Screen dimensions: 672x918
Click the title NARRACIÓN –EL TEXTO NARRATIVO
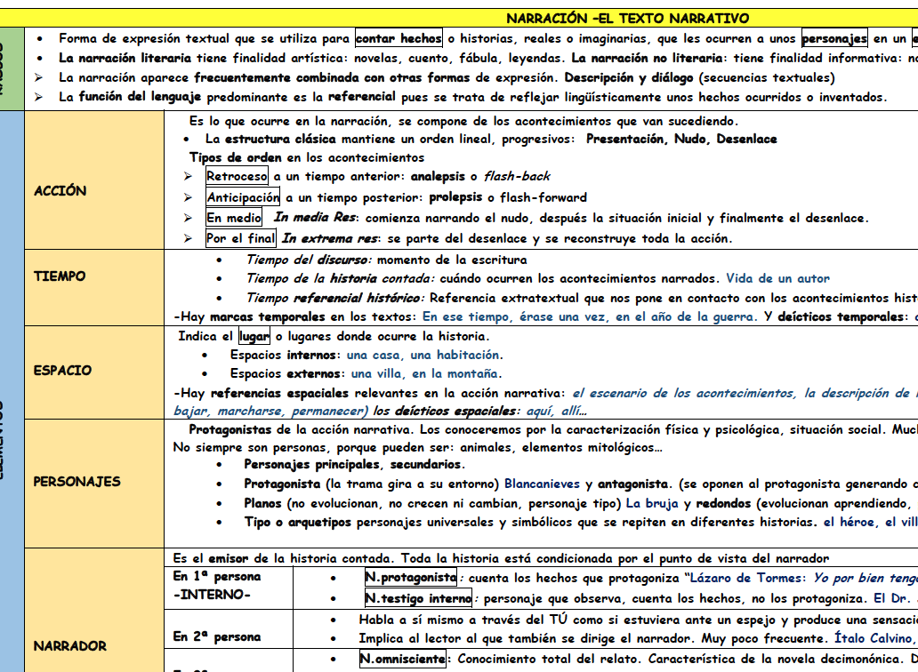[x=627, y=18]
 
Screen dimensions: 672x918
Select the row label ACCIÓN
[x=60, y=191]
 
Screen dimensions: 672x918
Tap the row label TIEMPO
[x=60, y=276]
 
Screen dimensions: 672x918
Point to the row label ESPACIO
[x=63, y=371]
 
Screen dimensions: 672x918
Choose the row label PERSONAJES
[x=76, y=482]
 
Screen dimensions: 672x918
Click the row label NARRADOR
[x=69, y=646]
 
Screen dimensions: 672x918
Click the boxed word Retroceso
[x=237, y=177]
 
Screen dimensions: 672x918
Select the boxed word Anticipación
[x=243, y=197]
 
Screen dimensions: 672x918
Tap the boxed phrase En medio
[x=234, y=218]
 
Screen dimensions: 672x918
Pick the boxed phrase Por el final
[x=241, y=238]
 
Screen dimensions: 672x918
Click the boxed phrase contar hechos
[x=399, y=38]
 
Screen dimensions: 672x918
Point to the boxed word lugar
[x=254, y=337]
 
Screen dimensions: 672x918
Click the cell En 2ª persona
[x=217, y=637]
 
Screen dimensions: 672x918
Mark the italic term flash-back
[x=517, y=177]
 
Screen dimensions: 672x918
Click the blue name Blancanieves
[x=543, y=484]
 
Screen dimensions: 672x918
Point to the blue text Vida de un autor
[x=777, y=278]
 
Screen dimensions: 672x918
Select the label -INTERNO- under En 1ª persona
[x=213, y=595]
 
